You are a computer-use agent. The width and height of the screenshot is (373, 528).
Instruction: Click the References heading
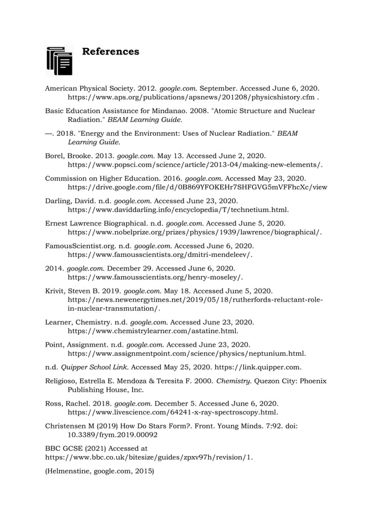point(110,52)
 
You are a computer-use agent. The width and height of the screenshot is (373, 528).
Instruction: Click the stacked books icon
point(59,61)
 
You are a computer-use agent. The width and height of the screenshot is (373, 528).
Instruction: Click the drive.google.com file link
point(198,188)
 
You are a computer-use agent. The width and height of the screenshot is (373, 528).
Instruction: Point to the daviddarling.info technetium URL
point(178,210)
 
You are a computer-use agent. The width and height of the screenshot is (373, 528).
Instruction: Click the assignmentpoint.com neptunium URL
point(186,354)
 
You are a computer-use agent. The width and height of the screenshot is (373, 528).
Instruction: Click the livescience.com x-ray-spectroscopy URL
point(181,413)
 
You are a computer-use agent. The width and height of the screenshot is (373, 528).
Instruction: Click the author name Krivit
point(56,290)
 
